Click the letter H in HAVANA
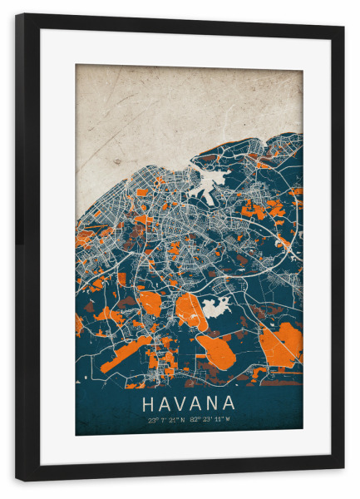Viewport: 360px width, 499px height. pos(149,404)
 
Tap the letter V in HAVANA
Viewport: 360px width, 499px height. pos(181,404)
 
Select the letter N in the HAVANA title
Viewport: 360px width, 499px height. pos(213,404)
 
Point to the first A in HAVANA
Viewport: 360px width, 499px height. pos(165,404)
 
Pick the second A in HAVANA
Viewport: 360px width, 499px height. pos(197,404)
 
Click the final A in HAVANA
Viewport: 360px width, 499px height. pos(229,404)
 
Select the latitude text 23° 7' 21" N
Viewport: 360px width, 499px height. pos(167,420)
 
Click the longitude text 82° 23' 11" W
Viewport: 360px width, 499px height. pos(210,420)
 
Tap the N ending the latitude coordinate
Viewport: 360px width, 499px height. pos(184,420)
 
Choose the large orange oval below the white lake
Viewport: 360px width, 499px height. pos(218,344)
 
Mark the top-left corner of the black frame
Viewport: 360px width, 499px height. pos(17,15)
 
